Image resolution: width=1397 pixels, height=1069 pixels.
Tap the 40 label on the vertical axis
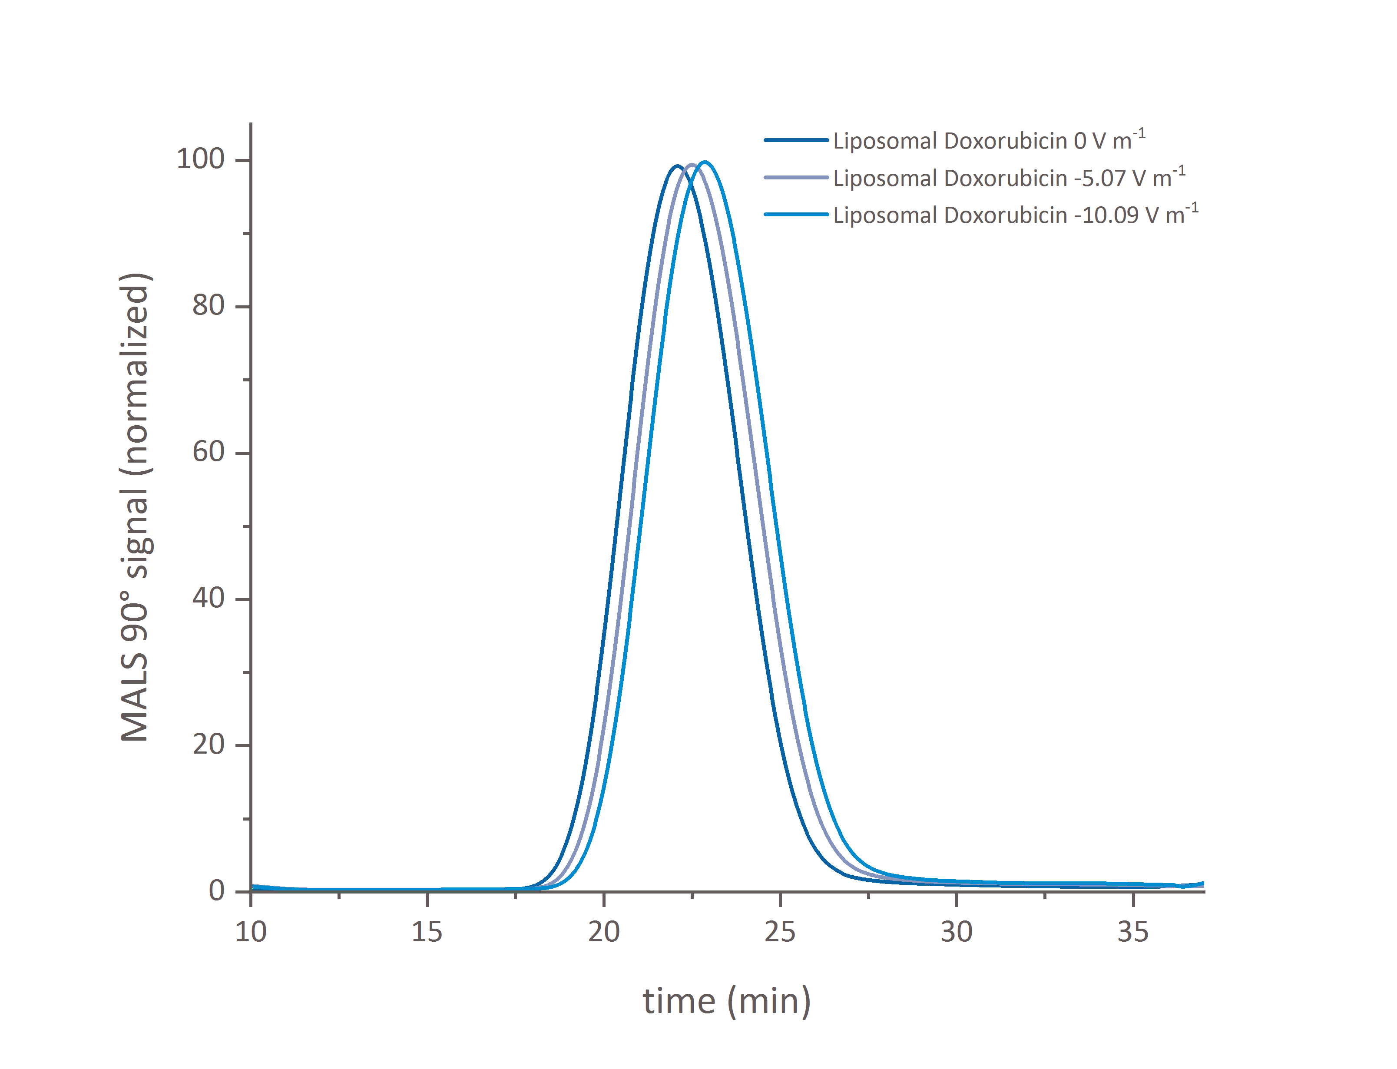pos(208,598)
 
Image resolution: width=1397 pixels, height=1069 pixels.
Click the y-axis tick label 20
pos(208,745)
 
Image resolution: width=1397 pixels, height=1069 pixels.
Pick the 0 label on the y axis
pos(216,891)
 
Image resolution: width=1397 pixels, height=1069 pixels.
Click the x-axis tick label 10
pos(251,932)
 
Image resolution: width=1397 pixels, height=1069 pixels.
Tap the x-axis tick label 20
pos(603,932)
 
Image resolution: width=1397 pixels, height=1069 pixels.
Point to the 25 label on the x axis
pos(779,932)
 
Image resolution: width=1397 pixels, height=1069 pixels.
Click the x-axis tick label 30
pos(956,932)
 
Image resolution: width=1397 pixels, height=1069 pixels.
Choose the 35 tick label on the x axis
pos(1132,932)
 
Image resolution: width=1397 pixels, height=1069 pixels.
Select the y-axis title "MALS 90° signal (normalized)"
pos(135,507)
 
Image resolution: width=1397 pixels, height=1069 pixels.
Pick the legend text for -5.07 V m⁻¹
pos(1008,178)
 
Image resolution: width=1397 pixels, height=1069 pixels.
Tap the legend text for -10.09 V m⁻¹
pos(1015,215)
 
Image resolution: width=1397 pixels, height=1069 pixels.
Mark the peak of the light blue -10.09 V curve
pos(704,162)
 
